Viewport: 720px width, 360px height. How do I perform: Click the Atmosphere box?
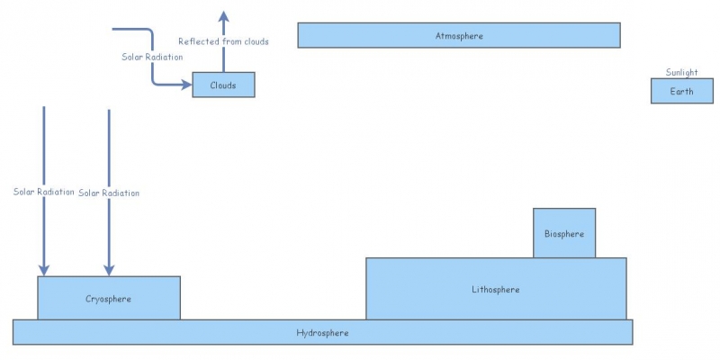coord(459,35)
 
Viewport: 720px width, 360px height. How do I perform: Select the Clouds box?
coord(223,85)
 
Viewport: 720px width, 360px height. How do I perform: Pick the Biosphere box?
coord(564,233)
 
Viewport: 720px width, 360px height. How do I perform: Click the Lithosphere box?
coord(496,289)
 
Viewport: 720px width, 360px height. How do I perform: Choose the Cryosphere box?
coord(109,298)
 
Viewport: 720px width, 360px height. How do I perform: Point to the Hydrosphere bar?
coord(322,332)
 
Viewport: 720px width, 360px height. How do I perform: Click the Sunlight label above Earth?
coord(681,73)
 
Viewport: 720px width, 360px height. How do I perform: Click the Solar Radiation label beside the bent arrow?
coord(152,57)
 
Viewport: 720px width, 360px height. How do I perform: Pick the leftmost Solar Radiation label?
coord(43,192)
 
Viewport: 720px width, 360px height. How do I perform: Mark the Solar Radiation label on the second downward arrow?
coord(109,193)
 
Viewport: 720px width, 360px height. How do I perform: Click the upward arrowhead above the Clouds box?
coord(224,16)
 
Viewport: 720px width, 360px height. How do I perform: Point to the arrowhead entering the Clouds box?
coord(186,85)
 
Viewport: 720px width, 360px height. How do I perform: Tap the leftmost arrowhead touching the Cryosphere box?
coord(43,269)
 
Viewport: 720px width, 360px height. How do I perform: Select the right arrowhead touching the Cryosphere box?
coord(109,269)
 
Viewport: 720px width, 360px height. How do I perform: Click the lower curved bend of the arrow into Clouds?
coord(155,81)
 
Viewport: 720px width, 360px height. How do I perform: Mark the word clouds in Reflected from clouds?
coord(256,41)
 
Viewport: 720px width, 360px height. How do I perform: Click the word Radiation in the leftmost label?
coord(57,192)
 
